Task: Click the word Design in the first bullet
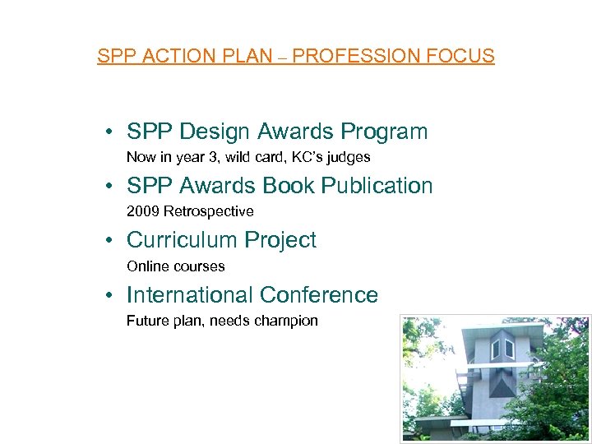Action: (215, 132)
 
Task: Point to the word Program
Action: (385, 132)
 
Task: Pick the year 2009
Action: (143, 211)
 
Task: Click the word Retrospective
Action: (209, 211)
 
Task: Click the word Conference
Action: (320, 294)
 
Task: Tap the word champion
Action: (289, 321)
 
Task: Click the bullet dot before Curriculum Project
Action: (109, 241)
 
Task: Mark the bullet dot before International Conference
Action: (109, 295)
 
